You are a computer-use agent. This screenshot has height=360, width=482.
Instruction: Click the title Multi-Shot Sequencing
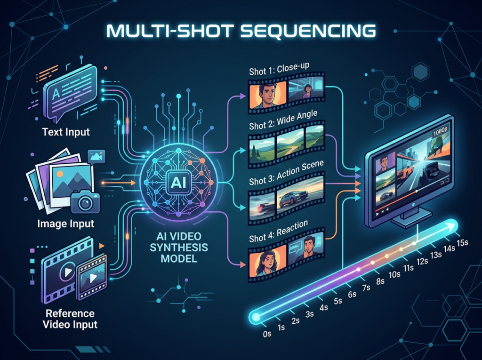pos(241,31)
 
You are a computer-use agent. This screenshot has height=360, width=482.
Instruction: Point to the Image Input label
pos(66,224)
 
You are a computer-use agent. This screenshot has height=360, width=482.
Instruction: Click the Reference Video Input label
pos(70,319)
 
